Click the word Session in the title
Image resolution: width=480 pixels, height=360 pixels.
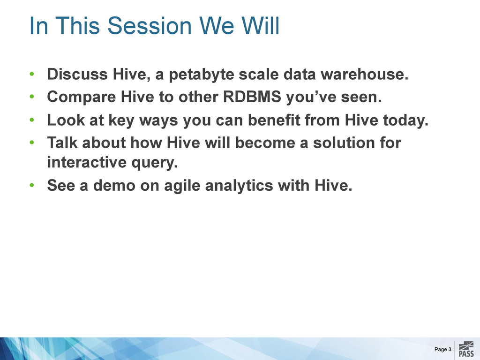150,25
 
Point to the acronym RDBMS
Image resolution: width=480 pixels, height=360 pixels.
252,97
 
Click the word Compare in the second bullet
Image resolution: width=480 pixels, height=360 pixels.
82,97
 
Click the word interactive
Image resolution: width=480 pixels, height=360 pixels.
87,162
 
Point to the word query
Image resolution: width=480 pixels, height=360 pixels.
155,163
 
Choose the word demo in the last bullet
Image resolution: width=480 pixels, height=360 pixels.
114,185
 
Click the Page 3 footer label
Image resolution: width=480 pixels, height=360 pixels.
442,349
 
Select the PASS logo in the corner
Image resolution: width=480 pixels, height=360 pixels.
466,349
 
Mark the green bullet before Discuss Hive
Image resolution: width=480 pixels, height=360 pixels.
32,74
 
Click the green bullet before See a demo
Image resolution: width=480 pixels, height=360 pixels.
32,185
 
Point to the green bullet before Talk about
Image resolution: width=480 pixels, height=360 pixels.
32,142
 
